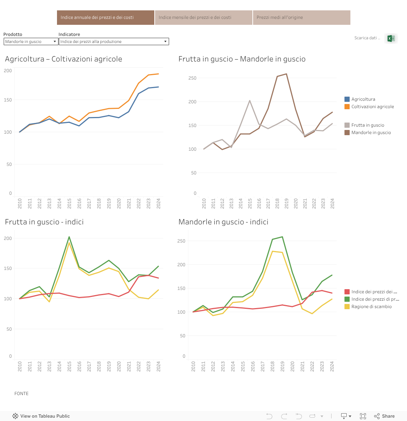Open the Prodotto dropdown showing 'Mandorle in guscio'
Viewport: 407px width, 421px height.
click(31, 41)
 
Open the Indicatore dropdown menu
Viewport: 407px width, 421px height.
click(114, 41)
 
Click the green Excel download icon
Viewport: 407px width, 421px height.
click(391, 38)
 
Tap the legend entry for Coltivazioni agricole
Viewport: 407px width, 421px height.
click(372, 107)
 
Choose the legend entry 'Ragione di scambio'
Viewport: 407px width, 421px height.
click(371, 307)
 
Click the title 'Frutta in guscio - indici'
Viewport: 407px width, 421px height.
click(44, 222)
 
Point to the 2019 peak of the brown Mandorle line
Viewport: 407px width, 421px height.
click(286, 74)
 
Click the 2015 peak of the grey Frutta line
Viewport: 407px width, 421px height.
click(250, 101)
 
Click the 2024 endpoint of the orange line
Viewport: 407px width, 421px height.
click(158, 74)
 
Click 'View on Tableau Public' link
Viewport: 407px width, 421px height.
click(41, 416)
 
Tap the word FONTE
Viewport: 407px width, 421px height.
click(21, 394)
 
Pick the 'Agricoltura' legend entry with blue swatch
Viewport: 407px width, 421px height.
click(363, 99)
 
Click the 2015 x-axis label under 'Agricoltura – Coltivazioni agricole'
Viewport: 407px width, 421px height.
click(70, 203)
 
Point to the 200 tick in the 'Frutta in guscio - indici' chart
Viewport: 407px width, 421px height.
click(8, 238)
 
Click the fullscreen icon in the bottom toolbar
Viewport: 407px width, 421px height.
click(363, 416)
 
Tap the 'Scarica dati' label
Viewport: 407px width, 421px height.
click(366, 38)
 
